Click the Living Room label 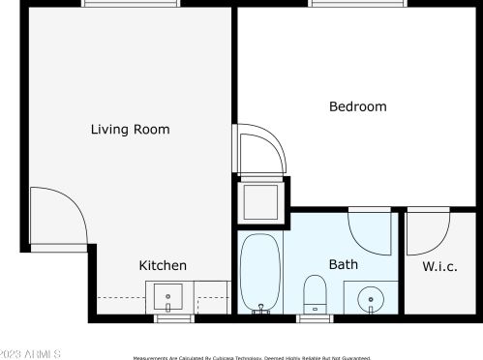click(x=130, y=129)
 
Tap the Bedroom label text click(x=357, y=106)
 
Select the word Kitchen click(x=163, y=265)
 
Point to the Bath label click(x=344, y=263)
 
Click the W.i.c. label click(x=439, y=266)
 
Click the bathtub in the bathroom click(x=260, y=272)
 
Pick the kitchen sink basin click(x=168, y=295)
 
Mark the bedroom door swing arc click(x=259, y=150)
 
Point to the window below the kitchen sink click(x=174, y=318)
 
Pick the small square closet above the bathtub click(x=260, y=201)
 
